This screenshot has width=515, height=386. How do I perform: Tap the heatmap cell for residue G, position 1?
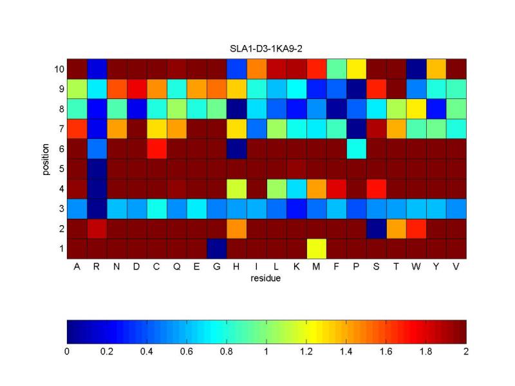217,248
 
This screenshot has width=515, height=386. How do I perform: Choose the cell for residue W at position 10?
417,69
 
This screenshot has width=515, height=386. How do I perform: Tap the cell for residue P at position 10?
357,69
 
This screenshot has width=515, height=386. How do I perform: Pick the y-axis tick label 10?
57,69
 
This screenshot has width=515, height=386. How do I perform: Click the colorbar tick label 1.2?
306,352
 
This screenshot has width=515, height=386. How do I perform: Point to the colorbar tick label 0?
67,352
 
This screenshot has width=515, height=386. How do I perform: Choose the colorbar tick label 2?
466,352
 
